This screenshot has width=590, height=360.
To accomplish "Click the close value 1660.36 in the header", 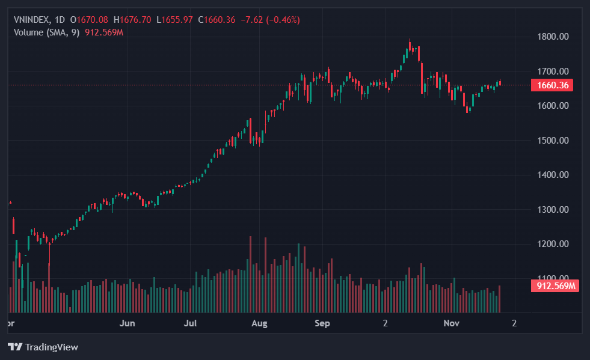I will [219, 20].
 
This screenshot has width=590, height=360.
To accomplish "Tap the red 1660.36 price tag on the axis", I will [552, 85].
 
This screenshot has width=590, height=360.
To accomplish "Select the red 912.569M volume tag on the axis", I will [554, 285].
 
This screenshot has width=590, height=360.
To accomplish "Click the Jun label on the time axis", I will [127, 323].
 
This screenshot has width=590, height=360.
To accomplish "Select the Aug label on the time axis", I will [259, 323].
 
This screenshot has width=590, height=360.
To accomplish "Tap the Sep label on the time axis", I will [323, 323].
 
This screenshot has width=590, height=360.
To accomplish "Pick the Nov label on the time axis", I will [451, 323].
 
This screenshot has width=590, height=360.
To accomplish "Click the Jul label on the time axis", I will [191, 323].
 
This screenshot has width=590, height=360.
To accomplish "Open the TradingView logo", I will [43, 347].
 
